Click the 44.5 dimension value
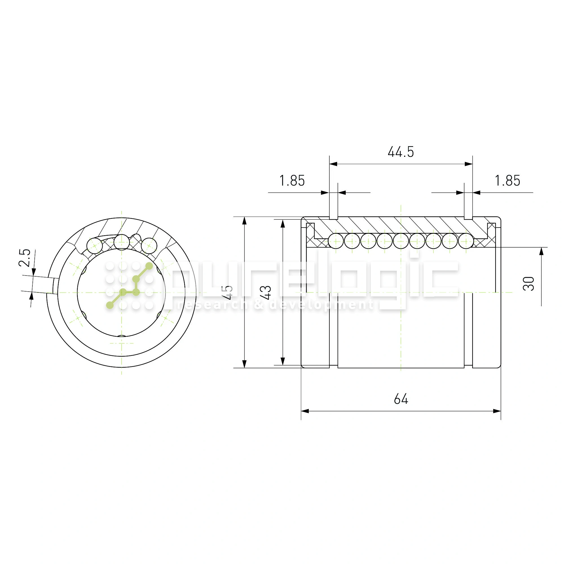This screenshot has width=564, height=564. (x=400, y=152)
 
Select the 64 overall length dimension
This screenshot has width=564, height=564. (x=401, y=399)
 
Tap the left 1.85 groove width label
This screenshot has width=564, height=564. (x=292, y=180)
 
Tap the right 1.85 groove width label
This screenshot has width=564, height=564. (x=507, y=180)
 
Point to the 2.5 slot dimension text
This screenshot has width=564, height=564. (x=25, y=258)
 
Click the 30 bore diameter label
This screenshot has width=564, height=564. (x=528, y=283)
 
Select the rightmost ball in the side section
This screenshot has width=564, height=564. (x=466, y=241)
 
